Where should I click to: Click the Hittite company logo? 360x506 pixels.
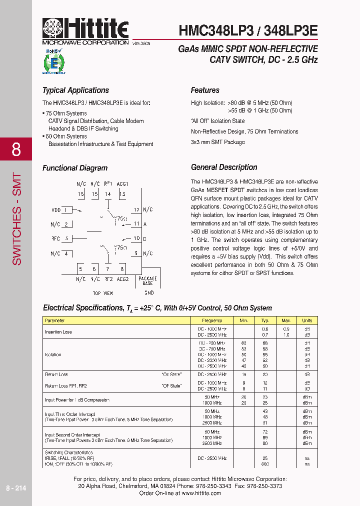point(85,29)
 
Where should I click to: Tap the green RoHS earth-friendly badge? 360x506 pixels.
point(53,61)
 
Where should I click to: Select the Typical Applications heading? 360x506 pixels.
point(75,90)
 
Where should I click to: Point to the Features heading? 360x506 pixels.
point(205,90)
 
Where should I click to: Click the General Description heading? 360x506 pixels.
point(224,167)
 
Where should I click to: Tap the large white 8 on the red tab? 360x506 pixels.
point(16,149)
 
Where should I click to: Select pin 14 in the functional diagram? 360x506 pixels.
point(108,194)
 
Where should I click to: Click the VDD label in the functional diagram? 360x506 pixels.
point(56,210)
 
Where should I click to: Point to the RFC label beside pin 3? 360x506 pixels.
point(55,238)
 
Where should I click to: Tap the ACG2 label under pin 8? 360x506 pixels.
point(122,279)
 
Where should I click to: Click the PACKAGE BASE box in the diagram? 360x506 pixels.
point(147,280)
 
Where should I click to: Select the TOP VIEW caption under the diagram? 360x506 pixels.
point(103,293)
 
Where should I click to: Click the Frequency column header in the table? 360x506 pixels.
point(212,320)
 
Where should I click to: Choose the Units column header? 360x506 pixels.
point(306,320)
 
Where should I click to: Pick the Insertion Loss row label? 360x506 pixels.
point(58,332)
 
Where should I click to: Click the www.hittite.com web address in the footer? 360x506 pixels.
point(201,493)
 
